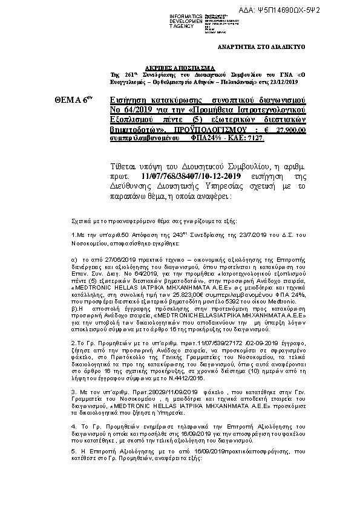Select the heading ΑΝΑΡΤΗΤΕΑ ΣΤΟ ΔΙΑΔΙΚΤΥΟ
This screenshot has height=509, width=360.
coord(261,47)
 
